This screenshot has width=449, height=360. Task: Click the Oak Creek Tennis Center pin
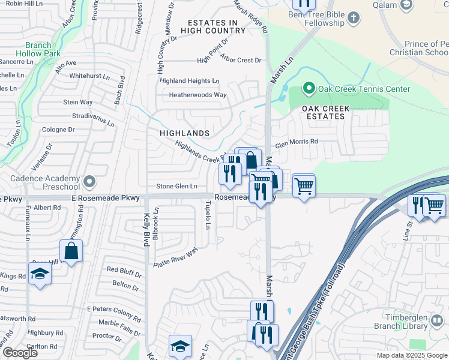(x=309, y=89)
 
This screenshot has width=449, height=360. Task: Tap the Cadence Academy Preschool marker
(x=89, y=180)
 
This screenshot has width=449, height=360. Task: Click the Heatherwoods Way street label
(x=197, y=95)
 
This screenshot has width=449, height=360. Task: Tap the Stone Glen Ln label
(x=176, y=187)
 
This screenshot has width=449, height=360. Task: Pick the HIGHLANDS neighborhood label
(x=185, y=133)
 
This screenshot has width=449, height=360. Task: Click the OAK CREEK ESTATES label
(x=324, y=112)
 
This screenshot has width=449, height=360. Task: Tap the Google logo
(x=20, y=352)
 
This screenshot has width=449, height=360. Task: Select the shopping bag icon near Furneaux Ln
(x=71, y=251)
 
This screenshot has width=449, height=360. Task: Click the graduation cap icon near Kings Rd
(x=40, y=274)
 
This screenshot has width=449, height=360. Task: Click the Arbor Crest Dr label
(x=241, y=60)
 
